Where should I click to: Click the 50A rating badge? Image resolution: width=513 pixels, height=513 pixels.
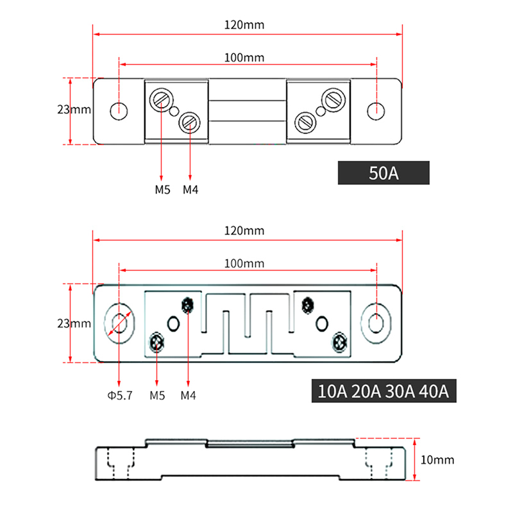coord(383,173)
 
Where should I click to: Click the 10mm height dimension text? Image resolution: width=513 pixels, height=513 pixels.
coord(438,460)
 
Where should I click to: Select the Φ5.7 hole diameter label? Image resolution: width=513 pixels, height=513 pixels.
coord(120,396)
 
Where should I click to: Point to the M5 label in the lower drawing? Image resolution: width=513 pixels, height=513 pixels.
coord(157,396)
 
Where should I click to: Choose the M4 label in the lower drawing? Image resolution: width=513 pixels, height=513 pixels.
coord(187,396)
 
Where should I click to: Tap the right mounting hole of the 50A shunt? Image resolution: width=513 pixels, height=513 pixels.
coord(377,110)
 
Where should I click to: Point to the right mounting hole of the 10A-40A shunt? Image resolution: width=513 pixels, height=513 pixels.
coord(376,323)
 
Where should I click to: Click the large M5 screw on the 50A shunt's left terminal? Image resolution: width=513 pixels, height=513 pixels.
coord(160,100)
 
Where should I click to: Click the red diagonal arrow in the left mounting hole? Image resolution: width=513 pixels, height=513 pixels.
coord(121,323)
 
